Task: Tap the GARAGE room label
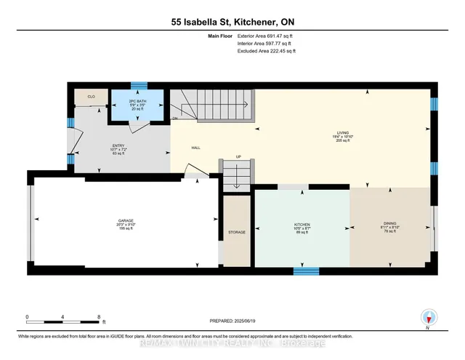click(x=126, y=220)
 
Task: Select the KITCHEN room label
click(x=302, y=225)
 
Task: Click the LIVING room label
click(x=343, y=132)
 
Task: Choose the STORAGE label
click(x=237, y=232)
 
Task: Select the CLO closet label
click(x=91, y=96)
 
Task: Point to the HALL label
click(x=195, y=148)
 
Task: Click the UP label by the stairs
click(x=238, y=157)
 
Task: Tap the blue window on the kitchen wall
click(x=306, y=271)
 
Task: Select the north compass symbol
click(x=429, y=317)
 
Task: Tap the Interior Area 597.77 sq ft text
click(x=267, y=43)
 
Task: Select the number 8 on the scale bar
click(x=98, y=317)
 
